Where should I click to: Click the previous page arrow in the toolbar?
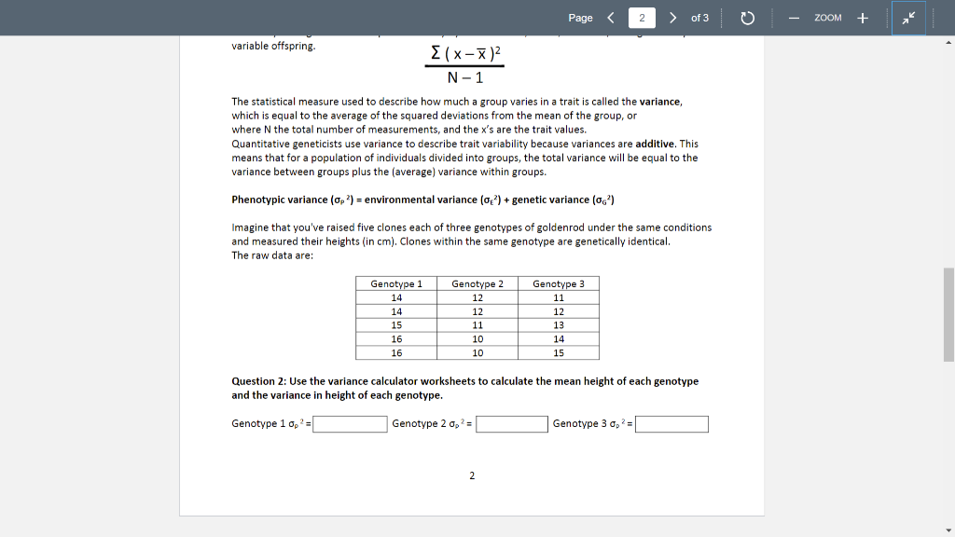click(x=611, y=18)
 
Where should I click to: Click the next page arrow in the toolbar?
click(x=672, y=18)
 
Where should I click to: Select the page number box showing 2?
click(x=642, y=18)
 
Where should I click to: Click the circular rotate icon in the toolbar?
click(x=747, y=18)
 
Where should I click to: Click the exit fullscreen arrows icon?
click(x=908, y=18)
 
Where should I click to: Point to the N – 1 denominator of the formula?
click(x=464, y=78)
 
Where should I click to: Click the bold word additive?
click(x=656, y=144)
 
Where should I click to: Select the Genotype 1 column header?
click(x=396, y=283)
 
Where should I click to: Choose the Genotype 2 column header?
click(x=477, y=283)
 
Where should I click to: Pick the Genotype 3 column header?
click(x=559, y=283)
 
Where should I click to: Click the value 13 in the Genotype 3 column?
click(x=559, y=325)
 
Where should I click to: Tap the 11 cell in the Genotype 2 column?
click(x=477, y=325)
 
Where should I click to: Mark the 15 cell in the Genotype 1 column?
click(x=396, y=325)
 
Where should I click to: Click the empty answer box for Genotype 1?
click(x=350, y=424)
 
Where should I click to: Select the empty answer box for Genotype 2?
click(x=512, y=424)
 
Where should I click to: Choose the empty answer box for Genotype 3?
click(x=671, y=424)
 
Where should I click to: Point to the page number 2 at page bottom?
click(x=472, y=476)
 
